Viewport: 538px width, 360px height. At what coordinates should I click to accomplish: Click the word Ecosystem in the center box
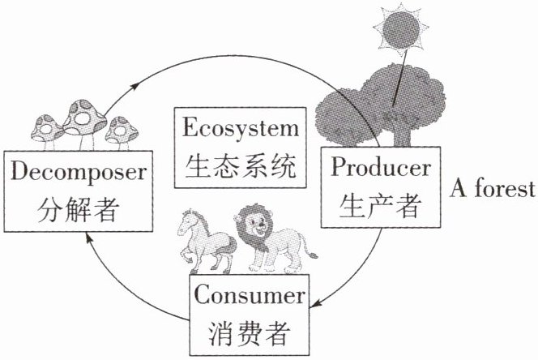click(x=240, y=128)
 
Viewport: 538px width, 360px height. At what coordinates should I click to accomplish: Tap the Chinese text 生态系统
click(x=240, y=166)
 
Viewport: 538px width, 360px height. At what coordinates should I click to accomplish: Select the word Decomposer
click(x=79, y=172)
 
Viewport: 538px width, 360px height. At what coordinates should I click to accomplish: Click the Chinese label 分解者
click(x=79, y=209)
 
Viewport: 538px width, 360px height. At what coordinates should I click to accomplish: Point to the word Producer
click(x=381, y=168)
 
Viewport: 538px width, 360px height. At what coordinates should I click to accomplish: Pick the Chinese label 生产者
click(x=381, y=205)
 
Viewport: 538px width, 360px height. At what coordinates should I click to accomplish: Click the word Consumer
click(x=250, y=295)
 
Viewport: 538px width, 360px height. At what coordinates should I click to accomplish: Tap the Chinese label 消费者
click(x=250, y=333)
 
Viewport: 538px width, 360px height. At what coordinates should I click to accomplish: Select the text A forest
click(x=493, y=189)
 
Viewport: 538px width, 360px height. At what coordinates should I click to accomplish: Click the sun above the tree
click(x=401, y=29)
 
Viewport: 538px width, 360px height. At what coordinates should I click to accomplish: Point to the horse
click(x=205, y=240)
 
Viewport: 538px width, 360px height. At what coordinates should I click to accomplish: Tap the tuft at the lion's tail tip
click(x=312, y=255)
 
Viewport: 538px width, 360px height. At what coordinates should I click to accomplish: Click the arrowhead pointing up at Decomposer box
click(x=89, y=238)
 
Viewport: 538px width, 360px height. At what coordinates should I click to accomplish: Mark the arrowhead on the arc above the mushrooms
click(x=134, y=85)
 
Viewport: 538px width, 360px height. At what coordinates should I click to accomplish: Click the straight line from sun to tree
click(x=400, y=78)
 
